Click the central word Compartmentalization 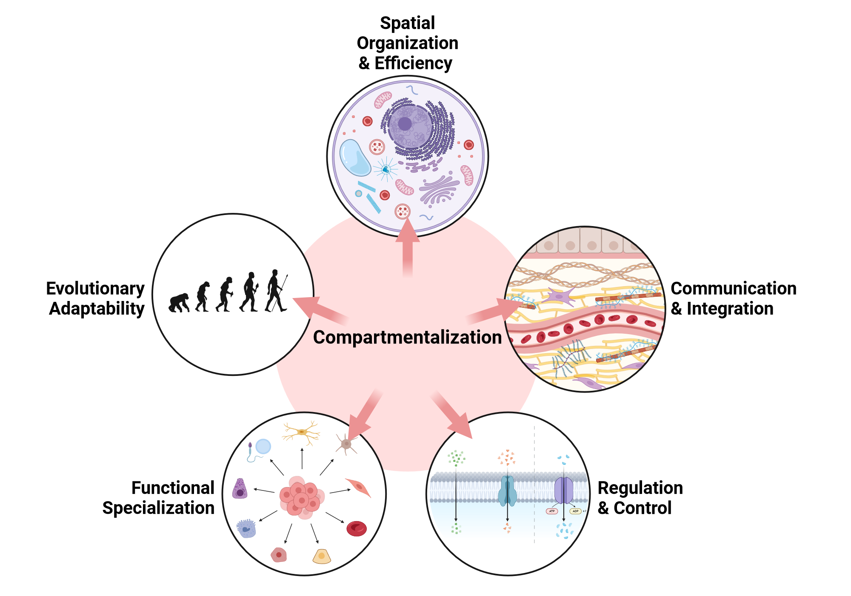pyautogui.click(x=407, y=337)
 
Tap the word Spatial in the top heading pyautogui.click(x=407, y=23)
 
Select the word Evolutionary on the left pyautogui.click(x=95, y=289)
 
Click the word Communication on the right pyautogui.click(x=733, y=289)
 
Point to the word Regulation pyautogui.click(x=640, y=488)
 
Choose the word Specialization pyautogui.click(x=158, y=508)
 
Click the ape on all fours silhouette pyautogui.click(x=179, y=303)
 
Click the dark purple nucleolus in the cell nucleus pyautogui.click(x=405, y=124)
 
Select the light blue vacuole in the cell pyautogui.click(x=355, y=158)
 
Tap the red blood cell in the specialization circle pyautogui.click(x=357, y=528)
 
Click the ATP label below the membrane pyautogui.click(x=552, y=511)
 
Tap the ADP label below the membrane pyautogui.click(x=575, y=511)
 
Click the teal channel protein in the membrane pyautogui.click(x=507, y=491)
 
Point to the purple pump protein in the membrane pyautogui.click(x=564, y=490)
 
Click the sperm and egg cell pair pyautogui.click(x=259, y=450)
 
